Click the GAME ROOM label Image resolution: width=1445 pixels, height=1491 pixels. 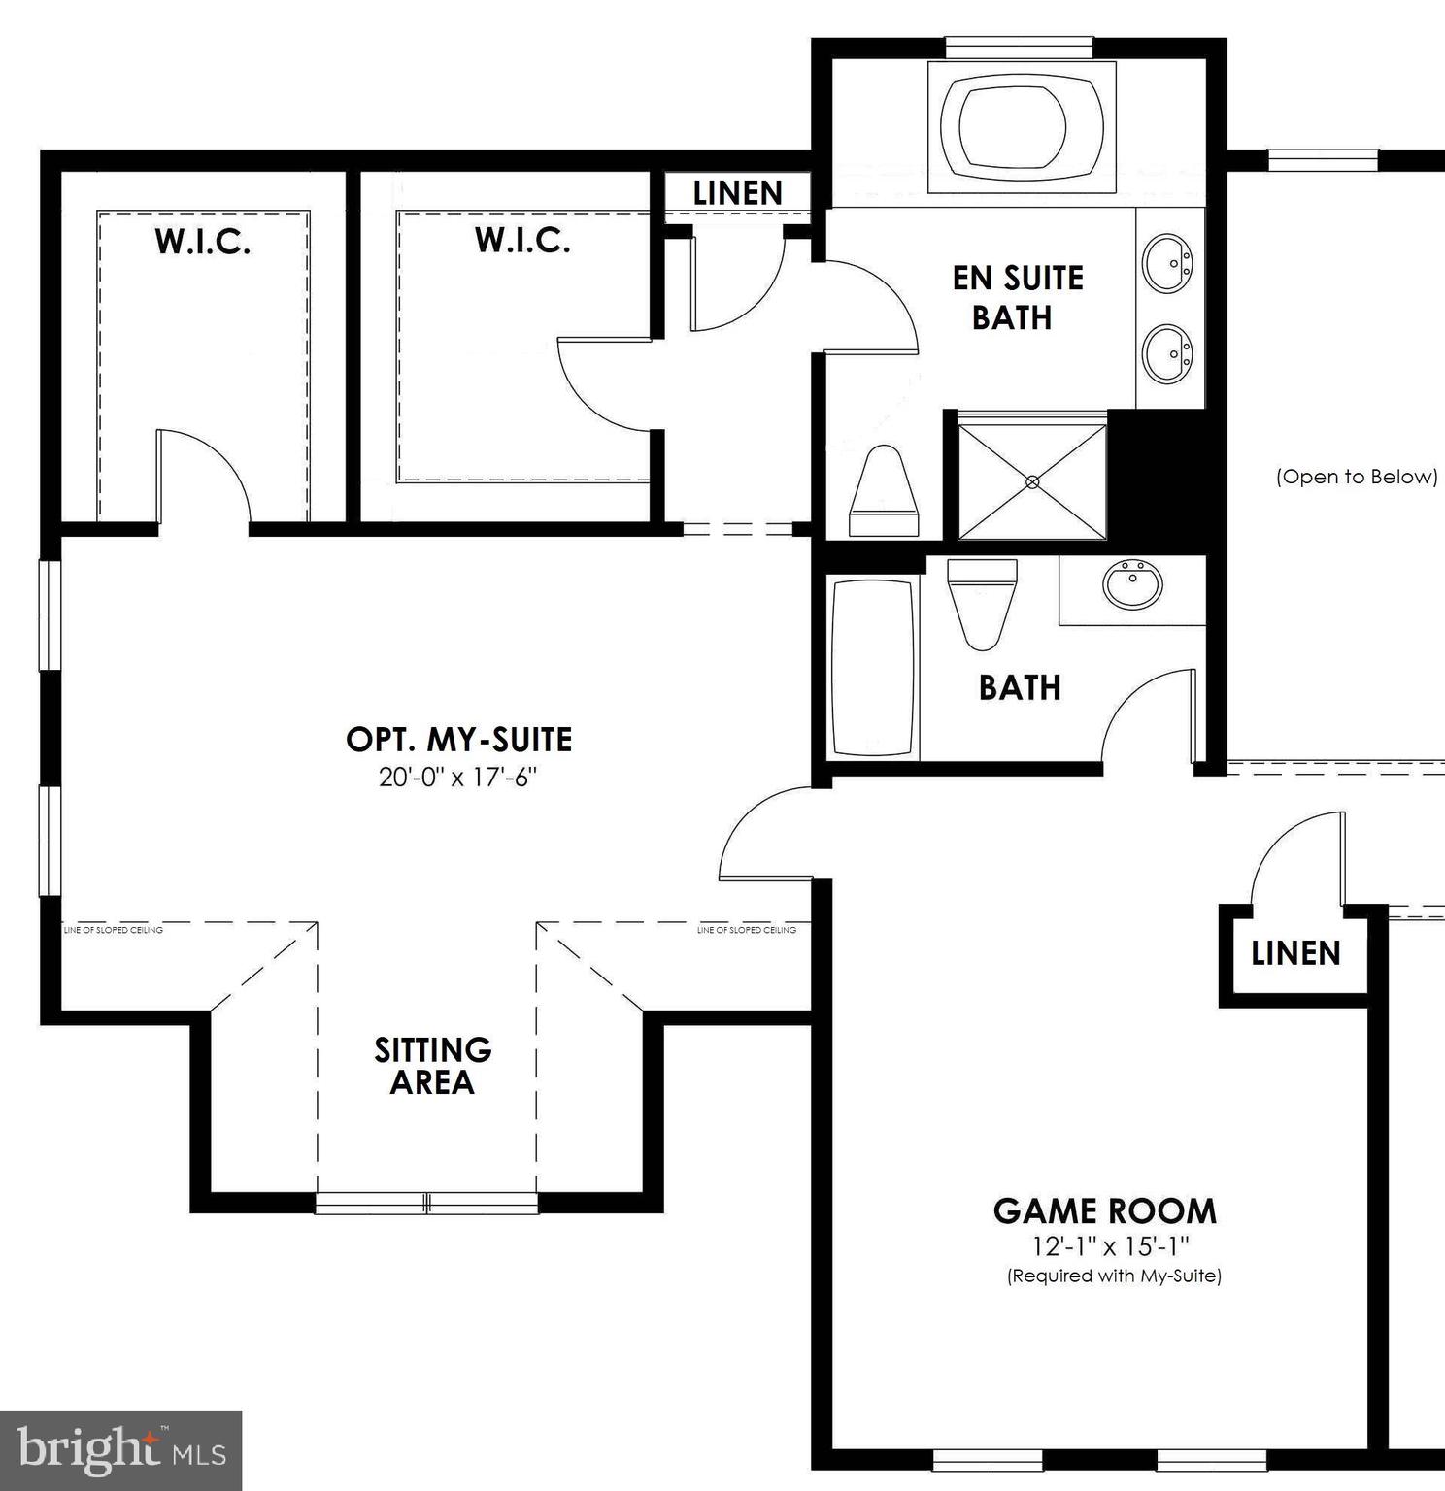(x=1104, y=1210)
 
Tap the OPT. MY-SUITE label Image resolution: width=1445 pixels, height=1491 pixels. (x=458, y=740)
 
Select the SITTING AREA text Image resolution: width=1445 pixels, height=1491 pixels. (x=433, y=1066)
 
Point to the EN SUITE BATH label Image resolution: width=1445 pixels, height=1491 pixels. (x=1017, y=297)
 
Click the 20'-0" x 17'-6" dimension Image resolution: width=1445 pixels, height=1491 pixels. (x=458, y=777)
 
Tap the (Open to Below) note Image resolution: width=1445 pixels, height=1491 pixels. (x=1357, y=477)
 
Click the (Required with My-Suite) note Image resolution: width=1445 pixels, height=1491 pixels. (x=1114, y=1276)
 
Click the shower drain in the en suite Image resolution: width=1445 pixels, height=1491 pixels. (x=1032, y=480)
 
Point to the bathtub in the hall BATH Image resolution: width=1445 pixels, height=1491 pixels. (x=873, y=669)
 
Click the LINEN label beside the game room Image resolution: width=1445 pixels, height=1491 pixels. (x=1295, y=953)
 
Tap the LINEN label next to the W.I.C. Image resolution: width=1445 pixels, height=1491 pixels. (x=738, y=193)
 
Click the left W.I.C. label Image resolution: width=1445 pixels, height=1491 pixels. (x=204, y=241)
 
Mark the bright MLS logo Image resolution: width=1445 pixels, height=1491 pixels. (x=120, y=1451)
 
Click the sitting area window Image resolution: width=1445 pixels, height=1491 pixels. (x=427, y=1203)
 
